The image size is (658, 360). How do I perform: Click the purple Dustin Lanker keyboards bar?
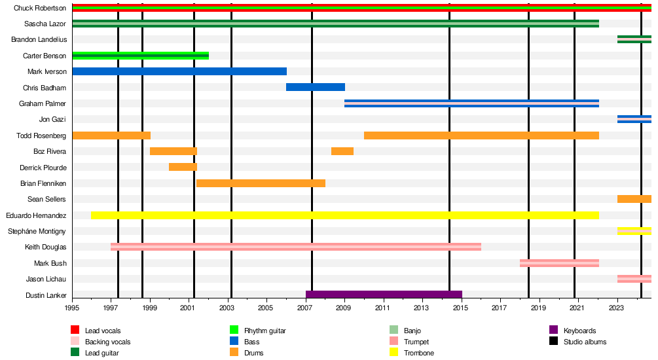pyautogui.click(x=384, y=295)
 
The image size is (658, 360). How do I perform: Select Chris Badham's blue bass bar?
pyautogui.click(x=316, y=87)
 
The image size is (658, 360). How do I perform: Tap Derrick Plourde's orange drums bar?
pyautogui.click(x=183, y=167)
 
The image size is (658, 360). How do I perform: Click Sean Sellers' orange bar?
pyautogui.click(x=634, y=199)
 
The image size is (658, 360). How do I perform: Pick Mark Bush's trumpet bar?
pyautogui.click(x=559, y=263)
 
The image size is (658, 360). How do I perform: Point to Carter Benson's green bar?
pyautogui.click(x=141, y=56)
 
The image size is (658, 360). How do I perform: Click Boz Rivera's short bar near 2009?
pyautogui.click(x=342, y=151)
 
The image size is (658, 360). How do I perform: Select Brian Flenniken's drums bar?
pyautogui.click(x=261, y=183)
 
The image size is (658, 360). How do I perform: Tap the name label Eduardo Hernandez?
pyautogui.click(x=36, y=215)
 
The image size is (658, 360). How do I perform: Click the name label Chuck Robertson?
pyautogui.click(x=40, y=8)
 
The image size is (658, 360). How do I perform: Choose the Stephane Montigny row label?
pyautogui.click(x=37, y=231)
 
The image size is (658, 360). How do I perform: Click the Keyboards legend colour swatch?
pyautogui.click(x=553, y=330)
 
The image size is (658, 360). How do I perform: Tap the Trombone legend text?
pyautogui.click(x=419, y=353)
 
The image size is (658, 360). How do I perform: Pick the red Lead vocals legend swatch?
pyautogui.click(x=75, y=330)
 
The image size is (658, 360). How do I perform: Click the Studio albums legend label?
pyautogui.click(x=585, y=342)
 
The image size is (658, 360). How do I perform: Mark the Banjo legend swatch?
pyautogui.click(x=393, y=330)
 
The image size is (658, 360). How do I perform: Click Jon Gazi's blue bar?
pyautogui.click(x=634, y=119)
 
